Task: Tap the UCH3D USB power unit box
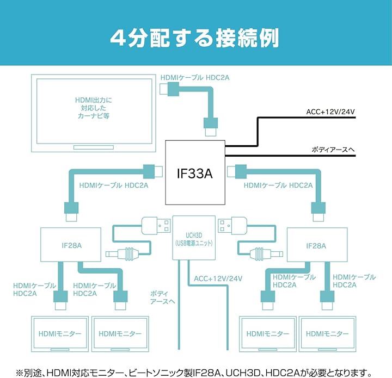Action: coord(194,238)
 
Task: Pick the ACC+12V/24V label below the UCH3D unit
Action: coord(218,278)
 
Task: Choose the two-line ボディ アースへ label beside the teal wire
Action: coord(162,298)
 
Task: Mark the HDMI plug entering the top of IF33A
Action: coord(210,129)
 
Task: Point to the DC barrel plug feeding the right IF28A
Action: coord(260,253)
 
